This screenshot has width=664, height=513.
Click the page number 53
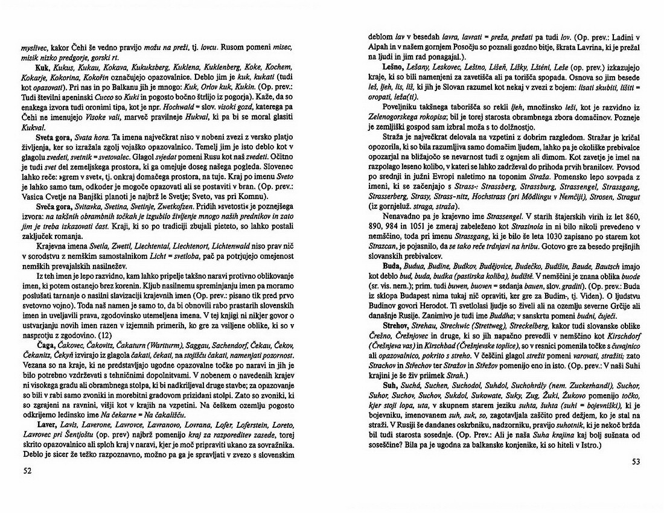[636, 462]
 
